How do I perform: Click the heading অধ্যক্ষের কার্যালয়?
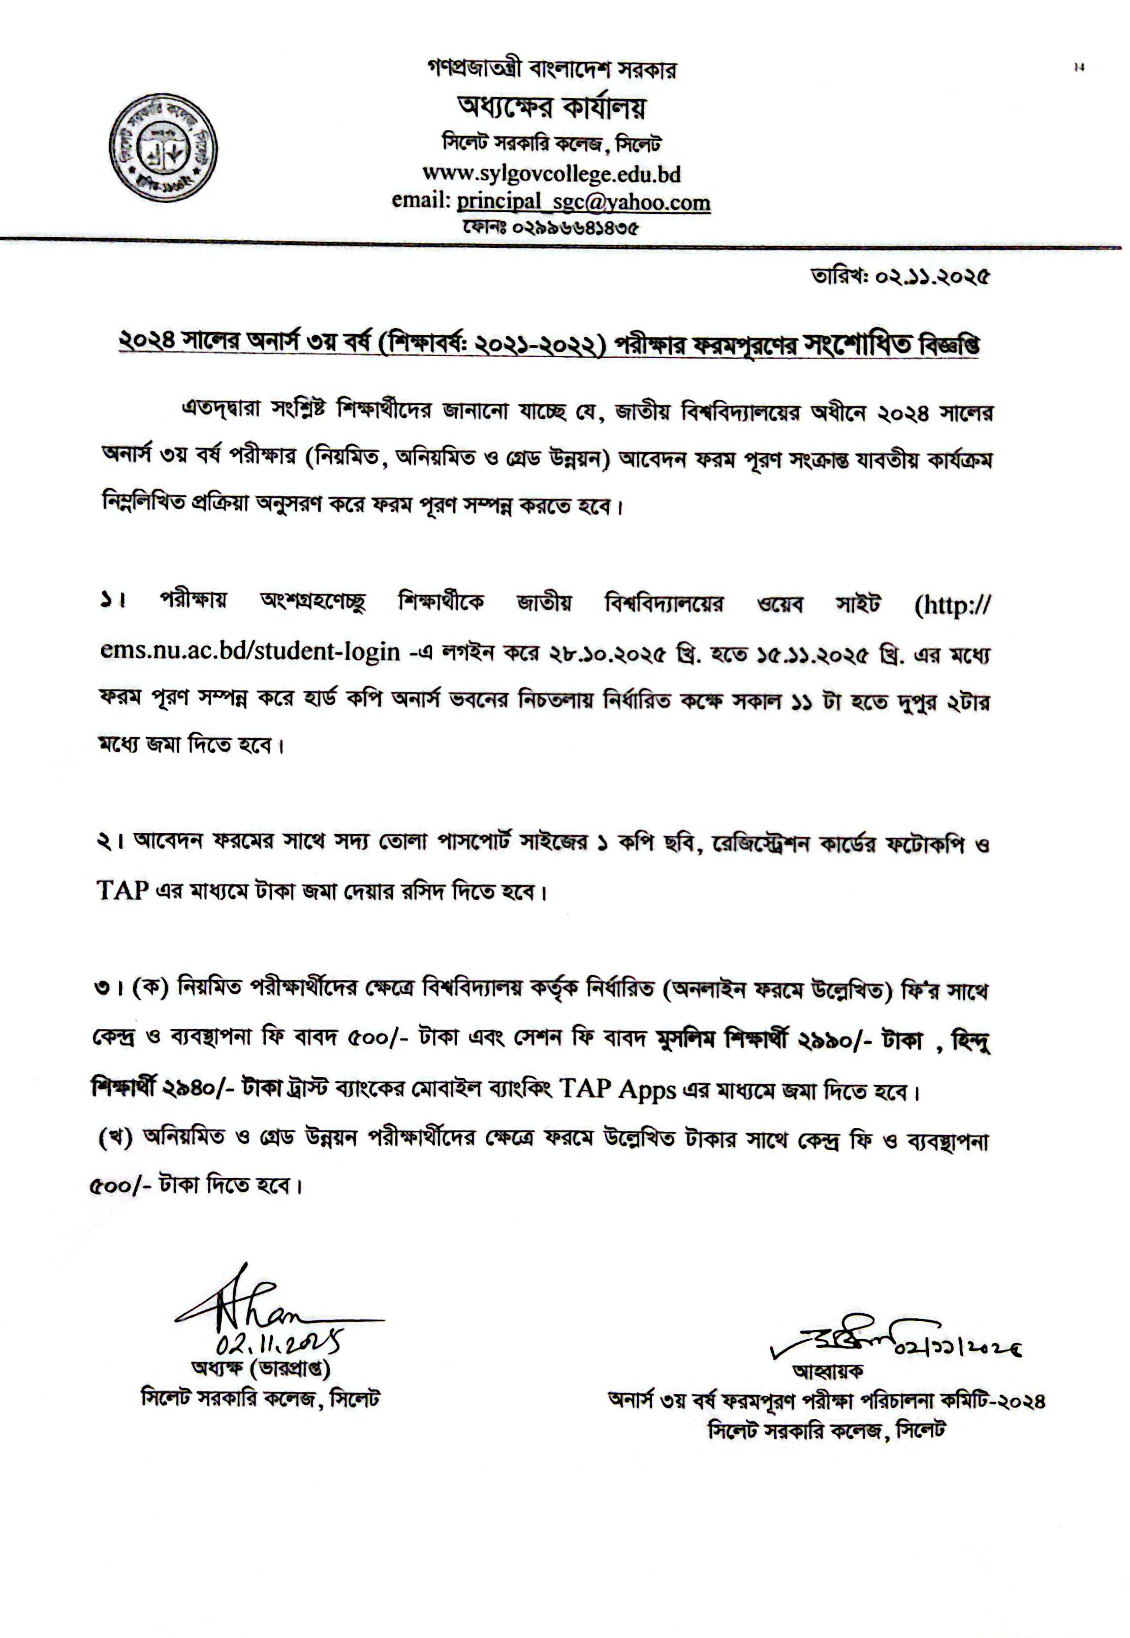coord(552,108)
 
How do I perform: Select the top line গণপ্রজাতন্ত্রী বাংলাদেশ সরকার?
coord(552,70)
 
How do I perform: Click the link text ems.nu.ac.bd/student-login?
coord(250,652)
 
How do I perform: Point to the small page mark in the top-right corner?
coord(1079,68)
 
